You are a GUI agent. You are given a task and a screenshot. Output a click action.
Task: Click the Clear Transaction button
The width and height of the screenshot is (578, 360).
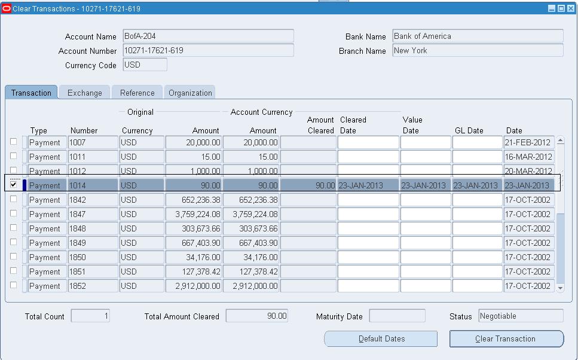[x=506, y=339]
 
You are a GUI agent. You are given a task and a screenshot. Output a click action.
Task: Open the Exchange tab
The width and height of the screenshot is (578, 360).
[x=84, y=93]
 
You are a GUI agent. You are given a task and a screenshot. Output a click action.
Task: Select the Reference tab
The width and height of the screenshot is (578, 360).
[x=137, y=93]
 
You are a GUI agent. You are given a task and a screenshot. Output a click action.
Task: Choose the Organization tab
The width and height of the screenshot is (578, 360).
[x=190, y=93]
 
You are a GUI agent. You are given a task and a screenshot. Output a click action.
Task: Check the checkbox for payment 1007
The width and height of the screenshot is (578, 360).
[x=13, y=142]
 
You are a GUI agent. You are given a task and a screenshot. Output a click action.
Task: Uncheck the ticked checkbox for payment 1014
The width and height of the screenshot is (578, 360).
[x=13, y=185]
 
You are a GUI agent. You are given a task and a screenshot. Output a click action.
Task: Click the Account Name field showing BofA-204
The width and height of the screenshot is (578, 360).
[x=207, y=36]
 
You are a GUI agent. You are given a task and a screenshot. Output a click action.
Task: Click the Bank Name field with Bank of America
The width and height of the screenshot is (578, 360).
[x=478, y=36]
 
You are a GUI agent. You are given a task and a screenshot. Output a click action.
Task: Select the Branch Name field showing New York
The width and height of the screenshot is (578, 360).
[x=478, y=51]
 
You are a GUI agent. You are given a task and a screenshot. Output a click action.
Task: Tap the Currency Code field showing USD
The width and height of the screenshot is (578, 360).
[x=145, y=65]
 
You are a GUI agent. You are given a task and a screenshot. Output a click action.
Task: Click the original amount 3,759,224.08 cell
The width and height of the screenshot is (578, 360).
[x=194, y=214]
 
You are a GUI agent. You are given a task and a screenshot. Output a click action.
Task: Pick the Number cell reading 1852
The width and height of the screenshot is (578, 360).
[x=93, y=286]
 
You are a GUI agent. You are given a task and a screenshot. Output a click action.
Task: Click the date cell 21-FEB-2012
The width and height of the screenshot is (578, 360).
[x=528, y=142]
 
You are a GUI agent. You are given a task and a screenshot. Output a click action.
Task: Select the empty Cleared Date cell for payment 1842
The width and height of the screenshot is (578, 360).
[x=368, y=200]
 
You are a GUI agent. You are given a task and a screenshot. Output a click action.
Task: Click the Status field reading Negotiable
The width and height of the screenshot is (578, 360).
[x=520, y=316]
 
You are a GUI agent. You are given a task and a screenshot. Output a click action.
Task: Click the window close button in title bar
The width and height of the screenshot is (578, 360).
[x=571, y=8]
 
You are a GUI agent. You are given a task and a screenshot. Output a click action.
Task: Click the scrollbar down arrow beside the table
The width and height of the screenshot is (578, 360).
[x=560, y=288]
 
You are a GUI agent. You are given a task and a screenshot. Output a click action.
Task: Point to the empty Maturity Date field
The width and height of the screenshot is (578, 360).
[x=397, y=316]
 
